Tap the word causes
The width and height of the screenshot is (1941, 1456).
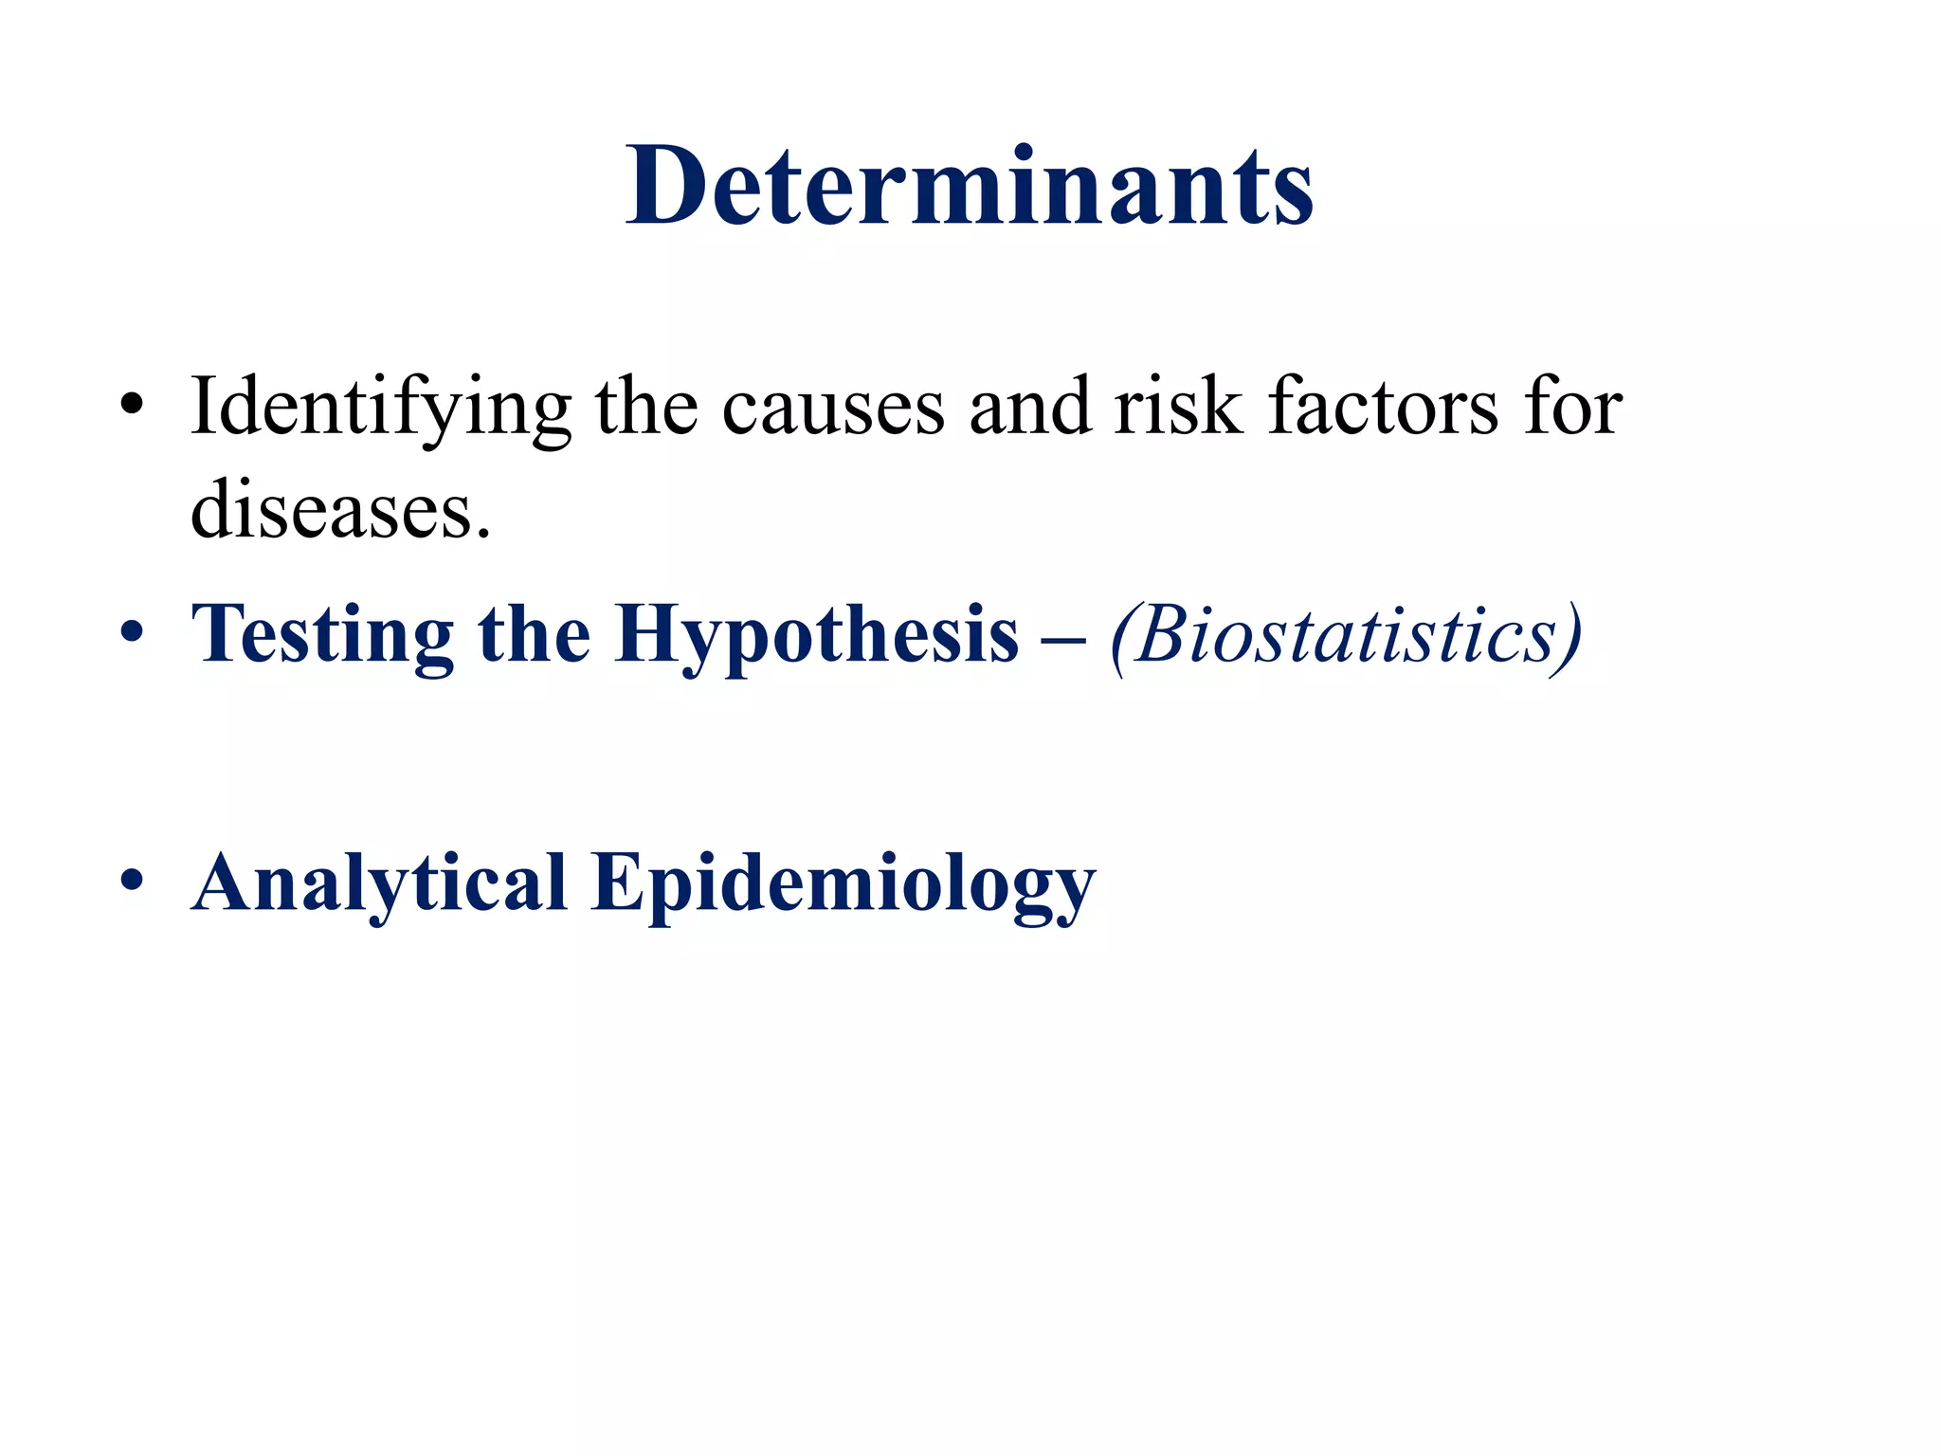coord(833,408)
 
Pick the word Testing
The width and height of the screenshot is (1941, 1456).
coord(322,635)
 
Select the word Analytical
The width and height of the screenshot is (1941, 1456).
coord(379,883)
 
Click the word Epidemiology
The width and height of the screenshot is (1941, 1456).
coord(844,883)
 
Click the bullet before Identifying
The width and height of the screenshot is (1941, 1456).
coord(132,408)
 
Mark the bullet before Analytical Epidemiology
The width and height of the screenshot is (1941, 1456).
coord(132,882)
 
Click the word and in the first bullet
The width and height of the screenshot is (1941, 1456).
coord(1029,408)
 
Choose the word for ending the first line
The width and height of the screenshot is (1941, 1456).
coord(1573,408)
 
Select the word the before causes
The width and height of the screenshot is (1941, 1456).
coord(646,408)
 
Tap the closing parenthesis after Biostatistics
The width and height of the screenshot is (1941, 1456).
coord(1569,635)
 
